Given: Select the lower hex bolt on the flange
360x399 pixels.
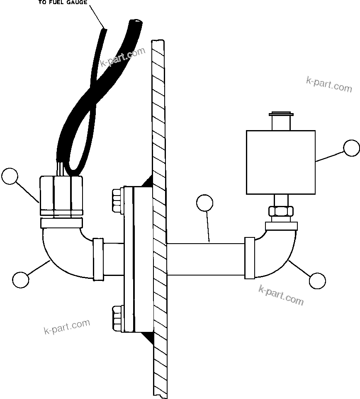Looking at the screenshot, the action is click(117, 319).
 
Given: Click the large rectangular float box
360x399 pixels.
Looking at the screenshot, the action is click(281, 162).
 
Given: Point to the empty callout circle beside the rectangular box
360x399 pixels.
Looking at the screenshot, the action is click(352, 148).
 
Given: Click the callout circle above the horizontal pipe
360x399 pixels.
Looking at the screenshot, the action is click(205, 203).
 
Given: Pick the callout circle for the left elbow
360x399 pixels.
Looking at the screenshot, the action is click(21, 279).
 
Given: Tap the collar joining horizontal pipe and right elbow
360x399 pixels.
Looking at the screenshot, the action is click(250, 258).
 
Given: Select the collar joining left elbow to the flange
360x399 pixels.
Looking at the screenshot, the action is click(98, 259).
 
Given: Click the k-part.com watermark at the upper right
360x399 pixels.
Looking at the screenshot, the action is click(329, 85).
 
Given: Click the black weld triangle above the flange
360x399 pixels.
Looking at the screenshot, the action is click(147, 181).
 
